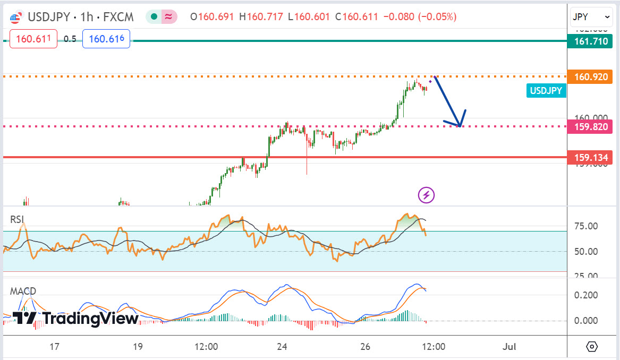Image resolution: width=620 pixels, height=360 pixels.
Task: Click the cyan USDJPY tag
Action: tap(546, 91)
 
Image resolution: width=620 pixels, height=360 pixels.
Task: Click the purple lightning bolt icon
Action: tap(427, 195)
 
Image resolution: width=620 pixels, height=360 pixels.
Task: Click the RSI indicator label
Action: tap(17, 219)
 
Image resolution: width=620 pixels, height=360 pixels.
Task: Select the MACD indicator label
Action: tap(23, 291)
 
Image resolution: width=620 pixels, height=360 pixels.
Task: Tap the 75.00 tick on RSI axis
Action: tap(587, 226)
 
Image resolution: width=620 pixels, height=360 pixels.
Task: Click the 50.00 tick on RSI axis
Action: tap(587, 251)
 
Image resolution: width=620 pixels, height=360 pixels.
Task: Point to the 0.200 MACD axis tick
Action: tap(587, 295)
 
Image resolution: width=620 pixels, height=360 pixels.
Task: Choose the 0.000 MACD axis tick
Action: tap(587, 320)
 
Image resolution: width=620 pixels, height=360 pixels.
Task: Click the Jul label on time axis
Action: tap(509, 347)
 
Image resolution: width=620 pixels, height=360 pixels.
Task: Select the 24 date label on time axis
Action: tap(282, 347)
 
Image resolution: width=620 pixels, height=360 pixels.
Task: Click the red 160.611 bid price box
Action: tap(33, 39)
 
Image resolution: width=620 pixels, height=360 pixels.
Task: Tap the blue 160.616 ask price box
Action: tap(106, 39)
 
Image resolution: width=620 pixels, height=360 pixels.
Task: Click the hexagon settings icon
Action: tap(592, 347)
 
